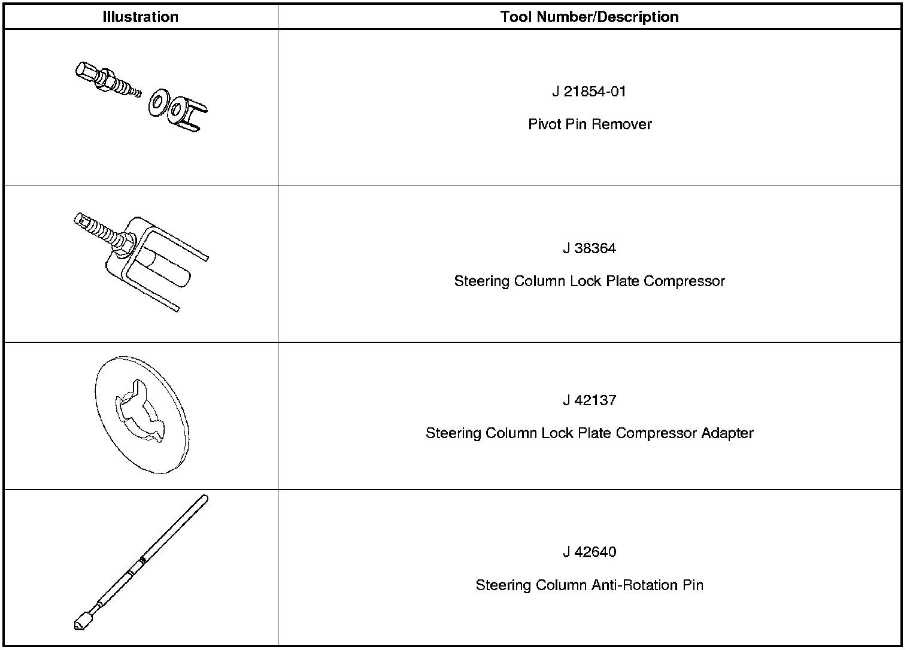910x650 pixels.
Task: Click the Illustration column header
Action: [x=140, y=17]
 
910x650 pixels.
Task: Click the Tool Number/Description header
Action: [x=589, y=17]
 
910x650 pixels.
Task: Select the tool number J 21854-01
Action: [x=589, y=92]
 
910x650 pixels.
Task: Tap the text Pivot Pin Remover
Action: [x=589, y=124]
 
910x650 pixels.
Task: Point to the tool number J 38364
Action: [x=589, y=248]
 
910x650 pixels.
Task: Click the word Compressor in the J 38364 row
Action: [x=684, y=281]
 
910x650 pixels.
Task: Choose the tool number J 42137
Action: [x=589, y=400]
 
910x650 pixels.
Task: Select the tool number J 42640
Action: [x=589, y=552]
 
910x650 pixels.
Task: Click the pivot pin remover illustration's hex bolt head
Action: [x=86, y=71]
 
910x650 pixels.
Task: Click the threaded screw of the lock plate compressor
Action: [x=102, y=230]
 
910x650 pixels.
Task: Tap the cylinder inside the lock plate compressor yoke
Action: [x=168, y=269]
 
